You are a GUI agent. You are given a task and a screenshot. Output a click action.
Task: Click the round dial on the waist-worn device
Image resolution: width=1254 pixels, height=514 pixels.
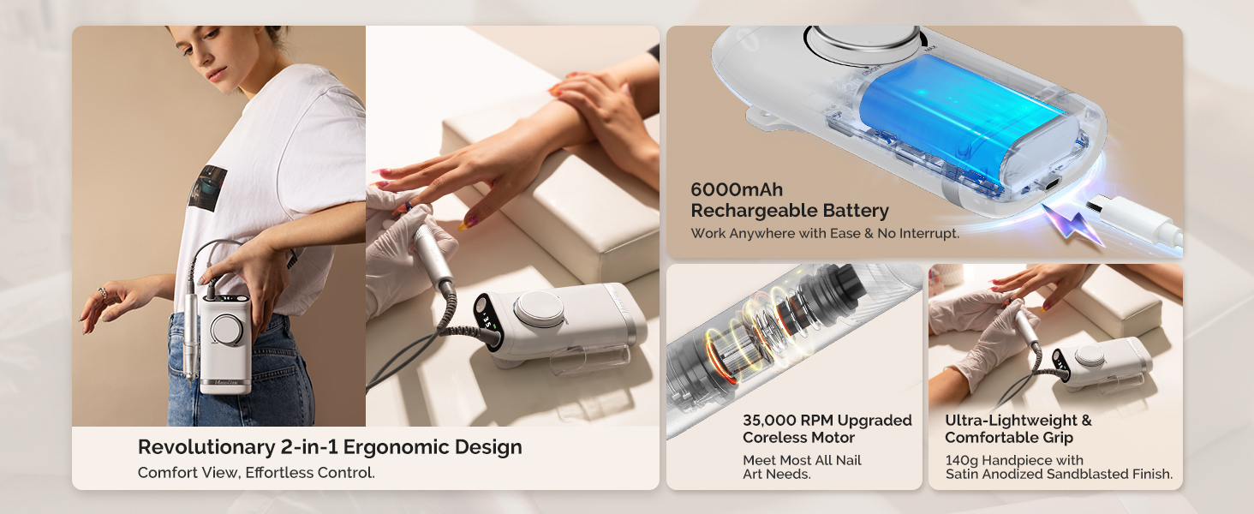tap(227, 329)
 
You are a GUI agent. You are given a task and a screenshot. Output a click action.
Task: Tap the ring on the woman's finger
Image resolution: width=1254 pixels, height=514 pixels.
tap(103, 293)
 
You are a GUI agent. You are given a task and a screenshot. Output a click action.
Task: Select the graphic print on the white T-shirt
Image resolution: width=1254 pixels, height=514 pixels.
tap(208, 188)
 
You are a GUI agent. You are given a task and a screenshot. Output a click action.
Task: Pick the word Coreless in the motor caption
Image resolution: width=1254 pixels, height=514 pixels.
tap(774, 438)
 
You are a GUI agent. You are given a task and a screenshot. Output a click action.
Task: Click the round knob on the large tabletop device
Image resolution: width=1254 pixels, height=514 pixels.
tap(536, 308)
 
